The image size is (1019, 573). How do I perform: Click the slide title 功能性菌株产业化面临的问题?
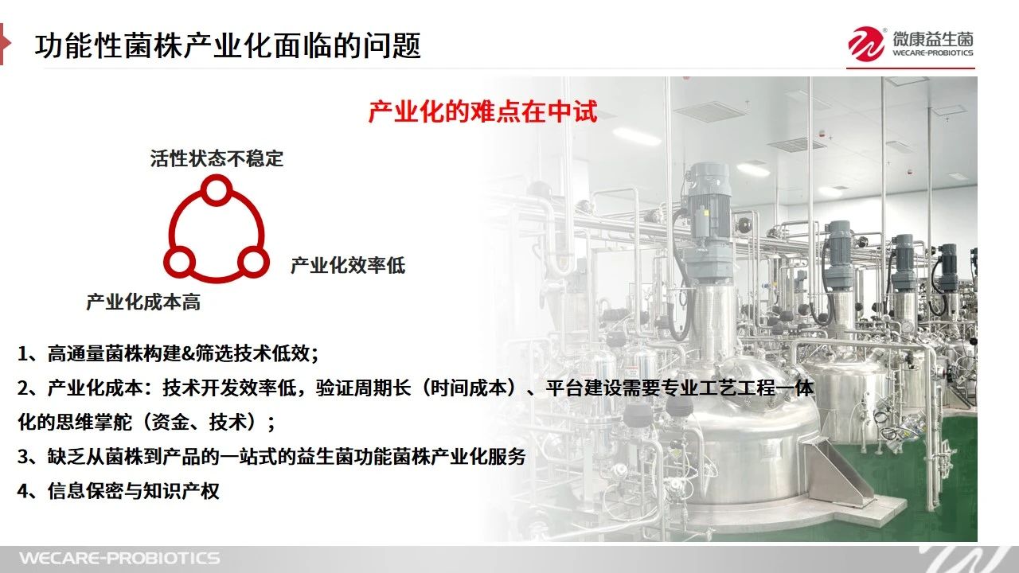pyautogui.click(x=228, y=45)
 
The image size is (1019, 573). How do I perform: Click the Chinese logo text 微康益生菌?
pyautogui.click(x=932, y=39)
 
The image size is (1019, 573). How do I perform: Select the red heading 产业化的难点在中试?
pyautogui.click(x=482, y=111)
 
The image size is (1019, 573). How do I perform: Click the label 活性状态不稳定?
pyautogui.click(x=217, y=158)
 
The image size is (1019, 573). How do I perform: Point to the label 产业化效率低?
pyautogui.click(x=348, y=265)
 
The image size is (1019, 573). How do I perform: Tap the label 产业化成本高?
pyautogui.click(x=143, y=302)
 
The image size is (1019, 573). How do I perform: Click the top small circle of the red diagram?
pyautogui.click(x=217, y=190)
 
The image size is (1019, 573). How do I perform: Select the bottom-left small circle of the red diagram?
pyautogui.click(x=180, y=263)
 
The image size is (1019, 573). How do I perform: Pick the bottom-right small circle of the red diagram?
pyautogui.click(x=253, y=263)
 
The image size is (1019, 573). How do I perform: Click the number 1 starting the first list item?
pyautogui.click(x=23, y=353)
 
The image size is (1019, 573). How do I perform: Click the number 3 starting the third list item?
pyautogui.click(x=23, y=457)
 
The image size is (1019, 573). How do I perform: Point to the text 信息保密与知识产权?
pyautogui.click(x=133, y=491)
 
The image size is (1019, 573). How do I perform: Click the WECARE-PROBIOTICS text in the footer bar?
pyautogui.click(x=119, y=558)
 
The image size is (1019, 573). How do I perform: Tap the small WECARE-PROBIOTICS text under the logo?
pyautogui.click(x=932, y=53)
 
